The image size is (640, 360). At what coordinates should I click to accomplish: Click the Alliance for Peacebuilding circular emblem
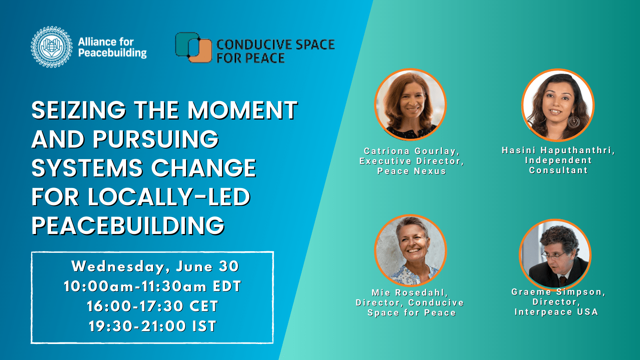[x=52, y=47]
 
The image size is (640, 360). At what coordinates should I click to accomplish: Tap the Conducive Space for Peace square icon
[x=193, y=48]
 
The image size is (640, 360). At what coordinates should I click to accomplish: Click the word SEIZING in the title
[x=78, y=110]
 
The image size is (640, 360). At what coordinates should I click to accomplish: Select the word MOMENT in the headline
[x=242, y=110]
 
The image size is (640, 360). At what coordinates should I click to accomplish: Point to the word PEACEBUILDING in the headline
[x=128, y=226]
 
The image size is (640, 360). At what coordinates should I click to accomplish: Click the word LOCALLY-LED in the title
[x=169, y=197]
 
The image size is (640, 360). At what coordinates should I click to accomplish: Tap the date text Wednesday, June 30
[x=155, y=266]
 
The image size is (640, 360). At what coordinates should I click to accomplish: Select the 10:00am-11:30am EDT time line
[x=152, y=286]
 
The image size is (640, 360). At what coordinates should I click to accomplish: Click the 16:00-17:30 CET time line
[x=152, y=306]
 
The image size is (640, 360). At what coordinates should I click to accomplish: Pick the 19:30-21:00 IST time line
[x=152, y=326]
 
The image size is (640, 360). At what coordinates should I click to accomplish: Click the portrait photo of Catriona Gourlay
[x=410, y=105]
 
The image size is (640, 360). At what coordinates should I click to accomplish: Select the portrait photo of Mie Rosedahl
[x=410, y=251]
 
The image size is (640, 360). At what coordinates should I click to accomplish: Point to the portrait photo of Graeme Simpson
[x=555, y=255]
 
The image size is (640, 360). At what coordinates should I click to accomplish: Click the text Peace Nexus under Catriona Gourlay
[x=411, y=171]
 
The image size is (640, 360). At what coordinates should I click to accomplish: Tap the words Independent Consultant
[x=558, y=165]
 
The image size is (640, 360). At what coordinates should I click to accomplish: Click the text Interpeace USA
[x=556, y=312]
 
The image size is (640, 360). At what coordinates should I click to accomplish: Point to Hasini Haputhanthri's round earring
[x=574, y=121]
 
